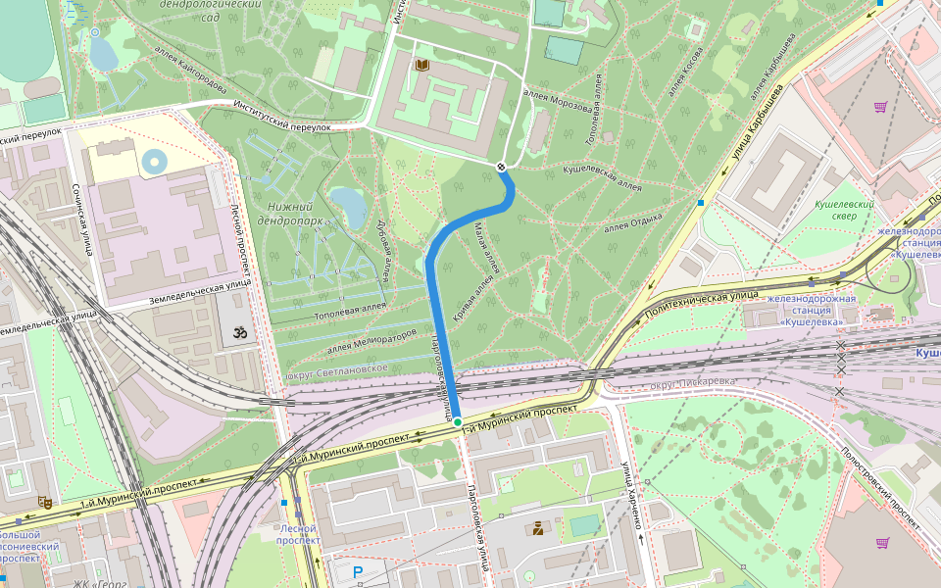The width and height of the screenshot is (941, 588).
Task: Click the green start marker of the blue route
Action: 457,422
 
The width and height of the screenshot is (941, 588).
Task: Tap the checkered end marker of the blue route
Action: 502,167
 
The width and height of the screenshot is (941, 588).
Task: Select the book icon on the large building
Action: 422,65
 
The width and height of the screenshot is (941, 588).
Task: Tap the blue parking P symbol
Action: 358,571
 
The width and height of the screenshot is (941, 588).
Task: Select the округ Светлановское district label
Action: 337,370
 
